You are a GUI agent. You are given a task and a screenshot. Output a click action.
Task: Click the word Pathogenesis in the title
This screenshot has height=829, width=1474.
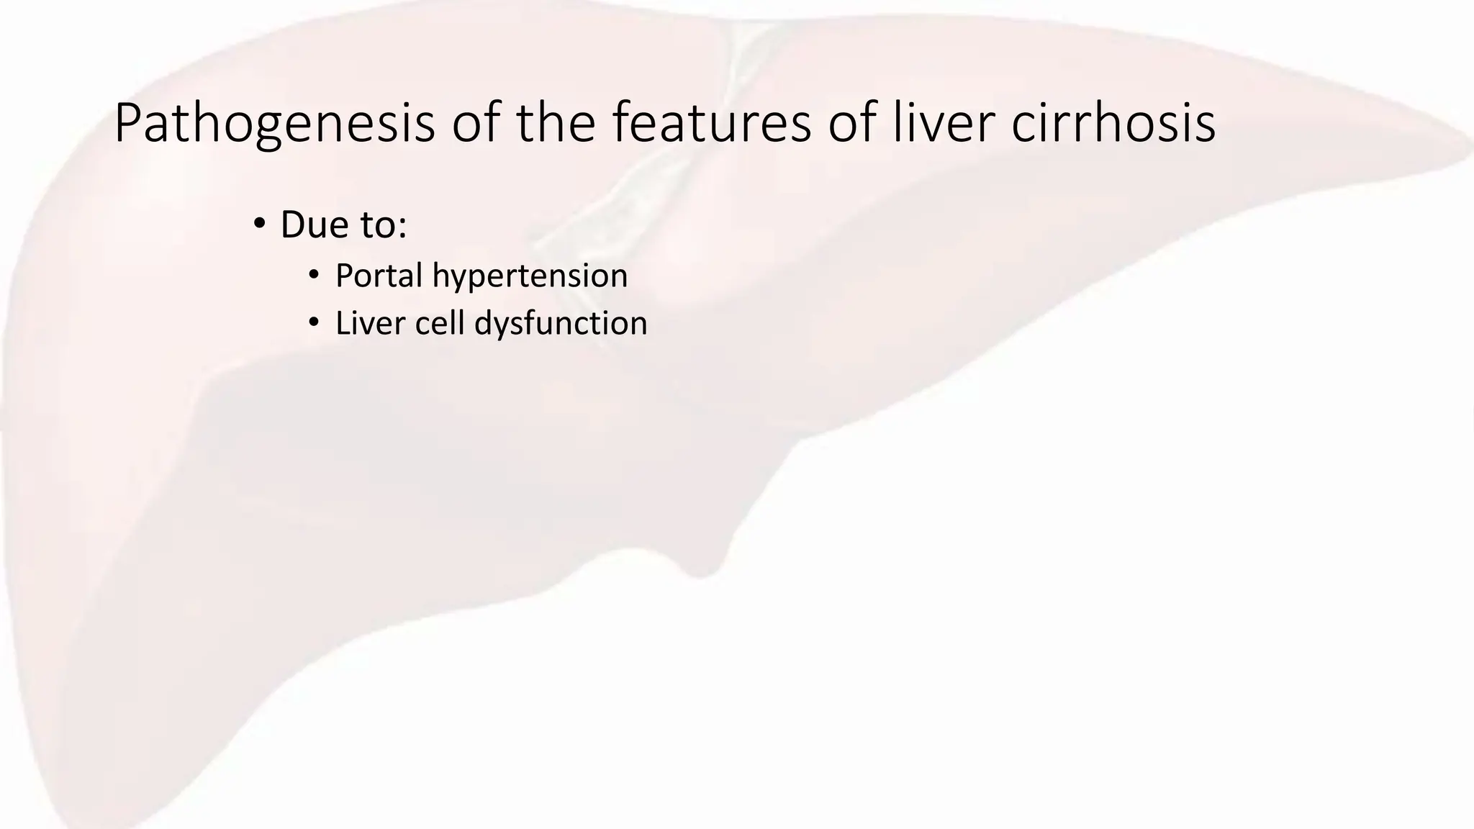274,124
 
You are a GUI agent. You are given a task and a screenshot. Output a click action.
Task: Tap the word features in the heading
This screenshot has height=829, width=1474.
712,123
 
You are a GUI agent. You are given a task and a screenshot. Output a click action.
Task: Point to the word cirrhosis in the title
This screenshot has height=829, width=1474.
1113,123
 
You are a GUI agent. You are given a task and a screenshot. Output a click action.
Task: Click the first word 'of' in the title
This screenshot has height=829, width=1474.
476,123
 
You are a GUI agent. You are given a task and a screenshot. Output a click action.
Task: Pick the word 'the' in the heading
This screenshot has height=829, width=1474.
556,123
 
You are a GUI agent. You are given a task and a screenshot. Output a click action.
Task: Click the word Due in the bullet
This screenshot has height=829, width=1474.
310,225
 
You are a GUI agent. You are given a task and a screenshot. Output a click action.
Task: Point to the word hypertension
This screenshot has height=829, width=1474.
530,276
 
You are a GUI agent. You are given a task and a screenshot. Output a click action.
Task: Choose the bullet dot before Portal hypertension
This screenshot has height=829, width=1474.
313,275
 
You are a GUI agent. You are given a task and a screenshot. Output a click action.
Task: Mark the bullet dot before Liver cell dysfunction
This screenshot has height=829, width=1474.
313,322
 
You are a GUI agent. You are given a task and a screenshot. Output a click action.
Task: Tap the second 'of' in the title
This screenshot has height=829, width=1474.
851,123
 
